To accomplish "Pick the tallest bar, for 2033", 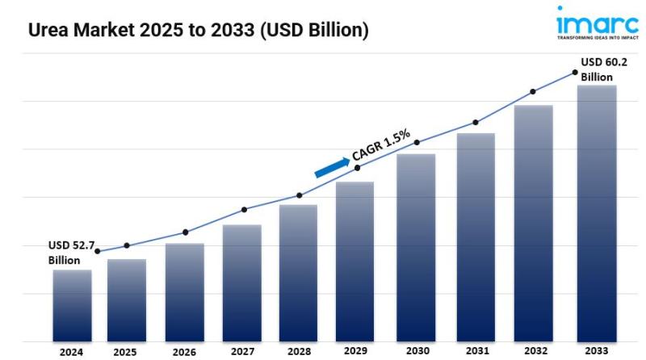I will click(x=597, y=213).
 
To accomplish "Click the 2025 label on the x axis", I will click(x=125, y=352).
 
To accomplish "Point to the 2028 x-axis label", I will click(x=298, y=352).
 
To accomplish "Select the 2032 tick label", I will click(x=535, y=352).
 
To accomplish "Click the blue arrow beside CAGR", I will click(x=331, y=166).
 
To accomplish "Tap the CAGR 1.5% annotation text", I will click(x=381, y=145).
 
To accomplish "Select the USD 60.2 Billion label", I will click(x=602, y=68).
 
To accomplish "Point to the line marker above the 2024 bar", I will click(x=98, y=252).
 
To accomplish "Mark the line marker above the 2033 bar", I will click(x=575, y=73).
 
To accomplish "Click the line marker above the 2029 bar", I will click(x=357, y=167).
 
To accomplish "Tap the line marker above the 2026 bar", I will click(x=185, y=232).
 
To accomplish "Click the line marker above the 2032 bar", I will click(x=532, y=92).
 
